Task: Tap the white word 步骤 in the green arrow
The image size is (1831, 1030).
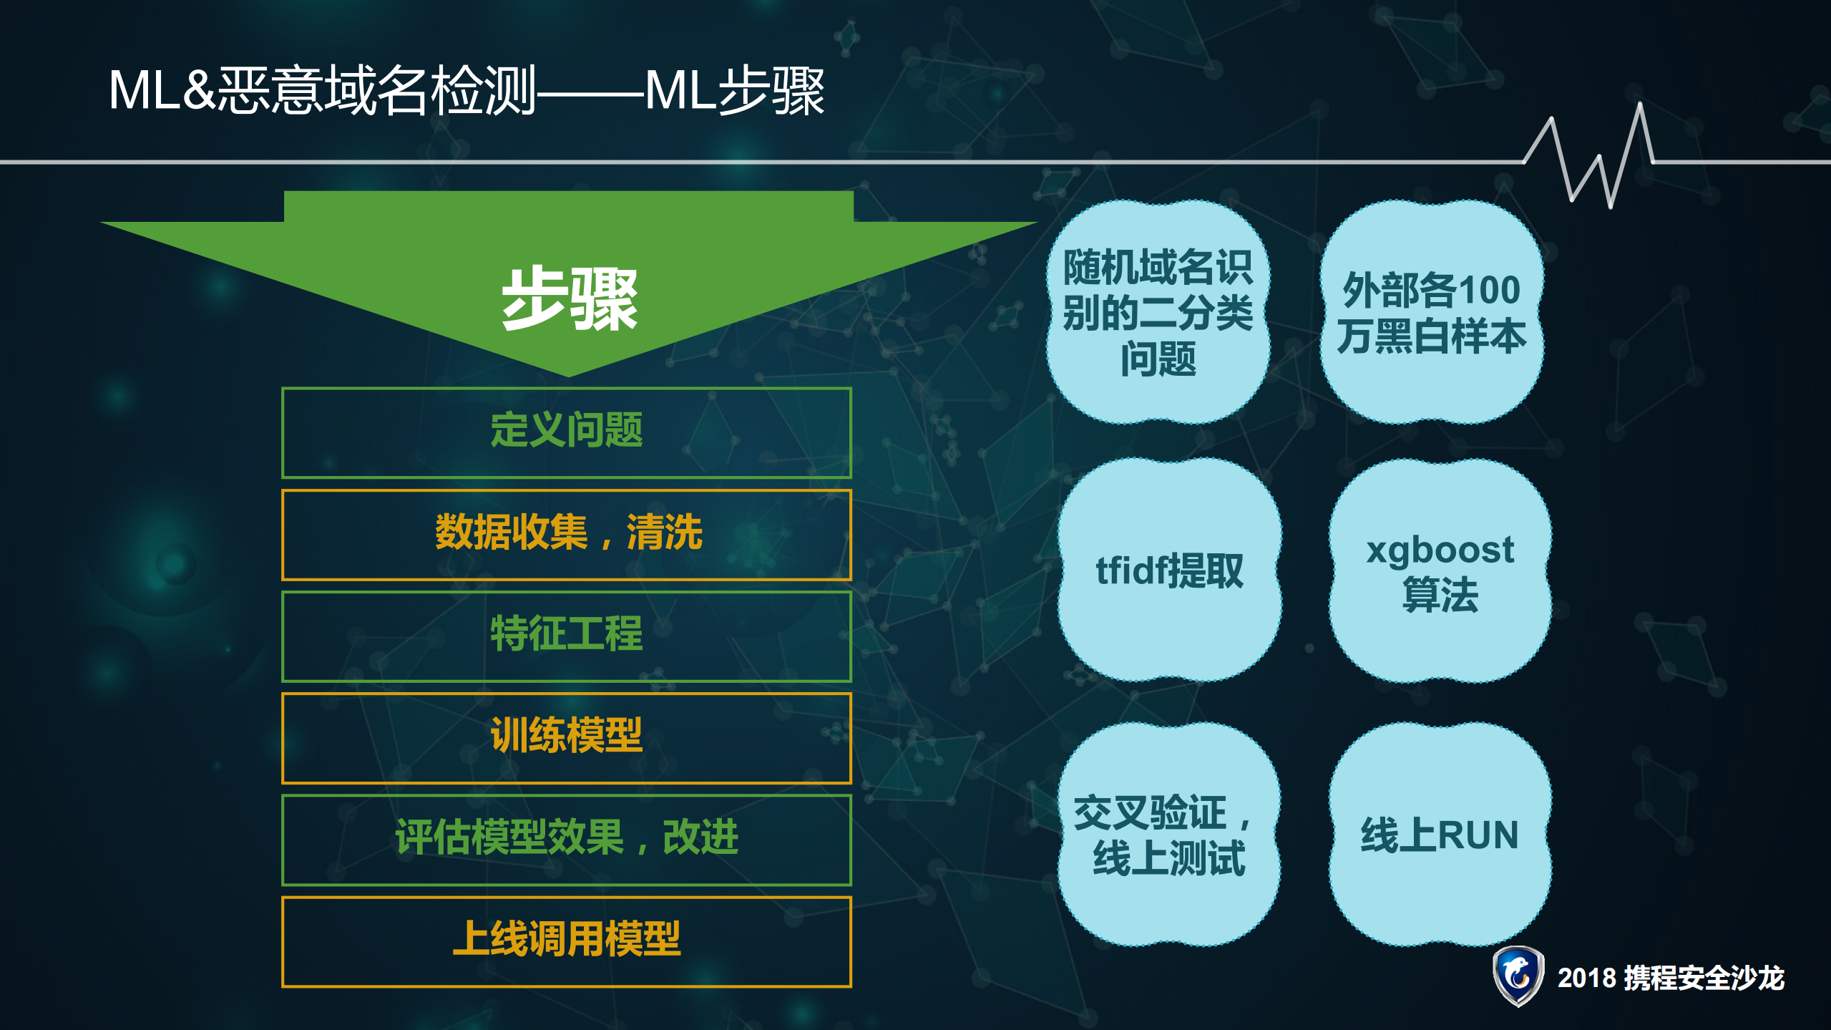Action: point(569,299)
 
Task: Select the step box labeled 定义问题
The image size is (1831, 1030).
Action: point(567,432)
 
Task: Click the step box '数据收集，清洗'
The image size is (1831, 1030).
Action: point(567,534)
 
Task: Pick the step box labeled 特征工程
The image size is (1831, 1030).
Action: point(567,636)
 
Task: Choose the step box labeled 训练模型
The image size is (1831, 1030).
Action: point(567,737)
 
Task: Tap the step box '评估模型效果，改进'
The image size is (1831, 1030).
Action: point(567,839)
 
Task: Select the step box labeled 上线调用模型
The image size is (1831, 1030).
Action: point(567,941)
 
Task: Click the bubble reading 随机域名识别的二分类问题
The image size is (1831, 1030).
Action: point(1158,312)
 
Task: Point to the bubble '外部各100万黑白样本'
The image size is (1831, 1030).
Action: point(1431,312)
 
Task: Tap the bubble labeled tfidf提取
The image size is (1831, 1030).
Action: point(1169,570)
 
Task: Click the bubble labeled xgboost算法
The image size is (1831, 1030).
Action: point(1440,571)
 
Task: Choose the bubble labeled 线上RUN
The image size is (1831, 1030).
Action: point(1440,835)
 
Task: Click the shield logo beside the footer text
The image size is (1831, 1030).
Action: point(1518,976)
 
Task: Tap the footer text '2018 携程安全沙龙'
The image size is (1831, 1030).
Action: point(1671,978)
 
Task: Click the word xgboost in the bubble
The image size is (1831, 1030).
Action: point(1440,550)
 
